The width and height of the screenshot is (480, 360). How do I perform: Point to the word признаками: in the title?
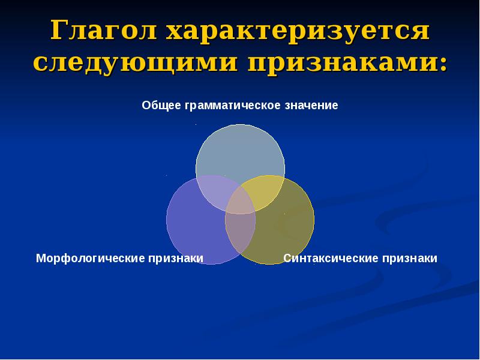pos(345,63)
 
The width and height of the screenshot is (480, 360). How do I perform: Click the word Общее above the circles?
pos(161,106)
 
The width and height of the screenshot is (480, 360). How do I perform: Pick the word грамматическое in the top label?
pos(232,106)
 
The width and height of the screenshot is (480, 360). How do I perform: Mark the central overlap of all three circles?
pos(240,200)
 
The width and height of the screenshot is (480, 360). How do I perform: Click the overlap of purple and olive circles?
pos(239,231)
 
